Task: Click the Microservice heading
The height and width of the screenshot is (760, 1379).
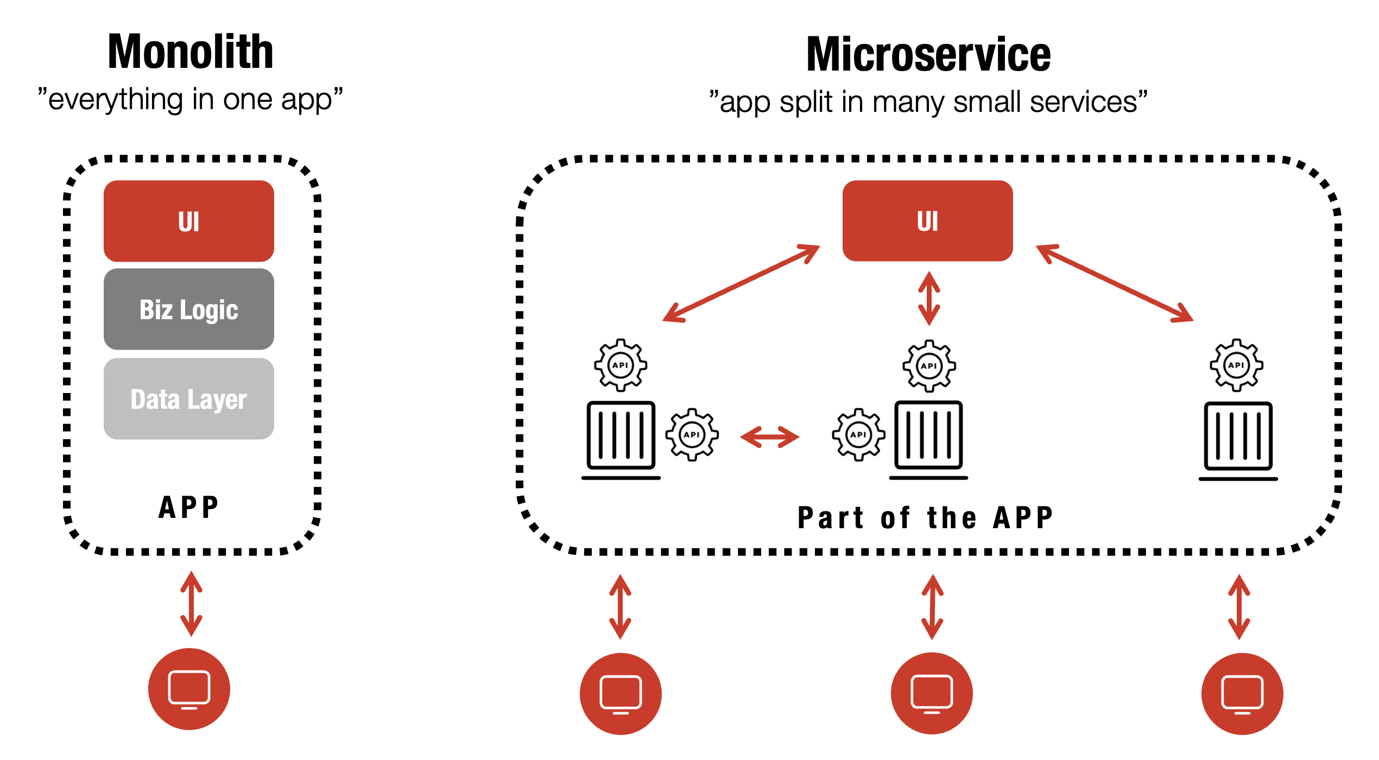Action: pos(928,54)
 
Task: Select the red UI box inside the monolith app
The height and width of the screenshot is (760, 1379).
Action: pos(189,221)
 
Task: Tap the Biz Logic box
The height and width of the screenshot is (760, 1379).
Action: pos(189,309)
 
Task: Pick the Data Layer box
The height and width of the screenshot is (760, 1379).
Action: pos(189,399)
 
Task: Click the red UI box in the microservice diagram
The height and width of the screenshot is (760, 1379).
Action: pos(927,221)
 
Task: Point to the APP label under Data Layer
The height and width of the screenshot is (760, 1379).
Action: pos(188,508)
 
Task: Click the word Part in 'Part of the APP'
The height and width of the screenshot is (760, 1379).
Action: pos(830,517)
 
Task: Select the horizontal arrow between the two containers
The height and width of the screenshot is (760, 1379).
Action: pos(769,437)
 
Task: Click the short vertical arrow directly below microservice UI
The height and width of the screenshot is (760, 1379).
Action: pos(929,299)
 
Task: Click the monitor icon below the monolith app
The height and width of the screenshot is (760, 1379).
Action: pos(189,689)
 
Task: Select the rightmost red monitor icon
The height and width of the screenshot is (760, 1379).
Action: pos(1242,693)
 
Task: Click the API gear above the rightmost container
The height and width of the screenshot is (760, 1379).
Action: pos(1236,365)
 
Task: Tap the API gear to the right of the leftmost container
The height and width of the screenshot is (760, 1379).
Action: pos(692,434)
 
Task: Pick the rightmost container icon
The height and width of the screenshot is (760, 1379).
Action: pos(1238,437)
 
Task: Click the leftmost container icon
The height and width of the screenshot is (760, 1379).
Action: pos(621,437)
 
